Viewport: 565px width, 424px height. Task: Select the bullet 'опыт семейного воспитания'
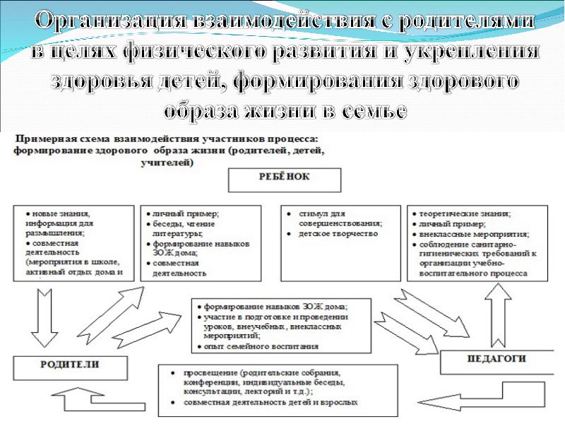point(261,347)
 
